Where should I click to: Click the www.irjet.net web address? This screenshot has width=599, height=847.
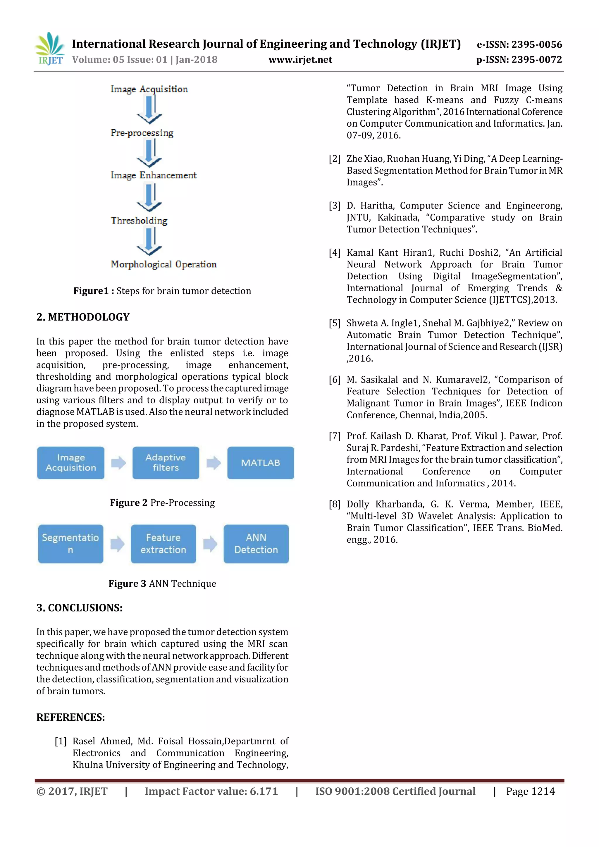coord(300,60)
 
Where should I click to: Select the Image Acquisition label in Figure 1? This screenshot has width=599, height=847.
coord(149,89)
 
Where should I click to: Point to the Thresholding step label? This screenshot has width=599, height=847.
coord(139,221)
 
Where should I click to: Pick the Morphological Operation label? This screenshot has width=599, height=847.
coord(164,264)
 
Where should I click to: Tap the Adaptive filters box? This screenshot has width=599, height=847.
coord(166,463)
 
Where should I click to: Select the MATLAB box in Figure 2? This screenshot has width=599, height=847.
coord(260,463)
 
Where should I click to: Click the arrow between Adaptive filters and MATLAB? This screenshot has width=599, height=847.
coord(214,463)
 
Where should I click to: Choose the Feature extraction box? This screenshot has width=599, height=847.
coord(163,543)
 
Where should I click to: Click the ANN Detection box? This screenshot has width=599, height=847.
coord(256,543)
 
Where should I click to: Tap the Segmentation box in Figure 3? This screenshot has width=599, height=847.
coord(70,543)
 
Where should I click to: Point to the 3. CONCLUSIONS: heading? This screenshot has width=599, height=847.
coord(79,607)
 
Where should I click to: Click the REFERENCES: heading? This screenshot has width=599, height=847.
coord(70,717)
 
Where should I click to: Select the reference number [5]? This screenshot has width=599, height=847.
coord(335,323)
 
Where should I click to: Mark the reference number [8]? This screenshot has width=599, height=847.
coord(335,505)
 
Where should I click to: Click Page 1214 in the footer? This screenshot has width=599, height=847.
coord(530,791)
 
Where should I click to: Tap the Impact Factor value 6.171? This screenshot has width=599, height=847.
coord(211,791)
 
